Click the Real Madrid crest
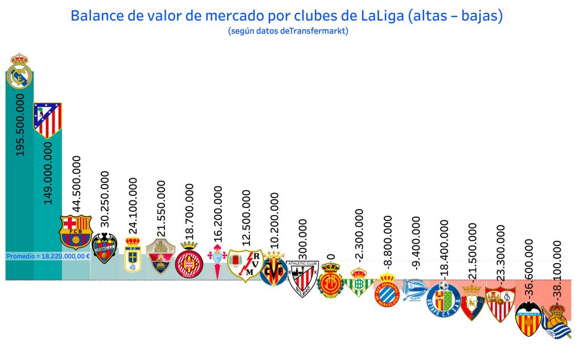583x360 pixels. pyautogui.click(x=20, y=71)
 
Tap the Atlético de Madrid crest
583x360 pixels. pyautogui.click(x=48, y=120)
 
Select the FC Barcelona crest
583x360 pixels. pyautogui.click(x=76, y=232)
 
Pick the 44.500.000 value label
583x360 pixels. pyautogui.click(x=76, y=184)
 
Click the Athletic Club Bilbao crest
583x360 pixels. pyautogui.click(x=302, y=278)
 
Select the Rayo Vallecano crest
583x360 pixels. pyautogui.click(x=245, y=265)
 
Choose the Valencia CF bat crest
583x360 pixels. pyautogui.click(x=528, y=319)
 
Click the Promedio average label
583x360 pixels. pyautogui.click(x=48, y=256)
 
